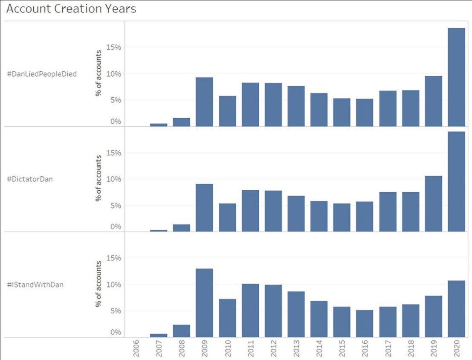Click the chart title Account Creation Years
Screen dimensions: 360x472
(71, 9)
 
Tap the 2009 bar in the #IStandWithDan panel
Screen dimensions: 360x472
(204, 303)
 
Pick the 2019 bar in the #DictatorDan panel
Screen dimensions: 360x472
(433, 203)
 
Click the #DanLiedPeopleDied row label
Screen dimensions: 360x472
(42, 74)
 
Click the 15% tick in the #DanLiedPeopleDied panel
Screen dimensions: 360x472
(114, 47)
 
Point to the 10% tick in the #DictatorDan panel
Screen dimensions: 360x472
(114, 179)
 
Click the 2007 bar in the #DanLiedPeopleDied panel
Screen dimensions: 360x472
(159, 125)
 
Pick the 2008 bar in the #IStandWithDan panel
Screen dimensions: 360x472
(182, 331)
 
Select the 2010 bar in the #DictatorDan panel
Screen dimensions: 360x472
(227, 218)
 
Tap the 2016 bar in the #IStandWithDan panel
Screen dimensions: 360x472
(365, 323)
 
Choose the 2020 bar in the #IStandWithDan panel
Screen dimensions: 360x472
(456, 309)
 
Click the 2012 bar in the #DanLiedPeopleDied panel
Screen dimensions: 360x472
(273, 105)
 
